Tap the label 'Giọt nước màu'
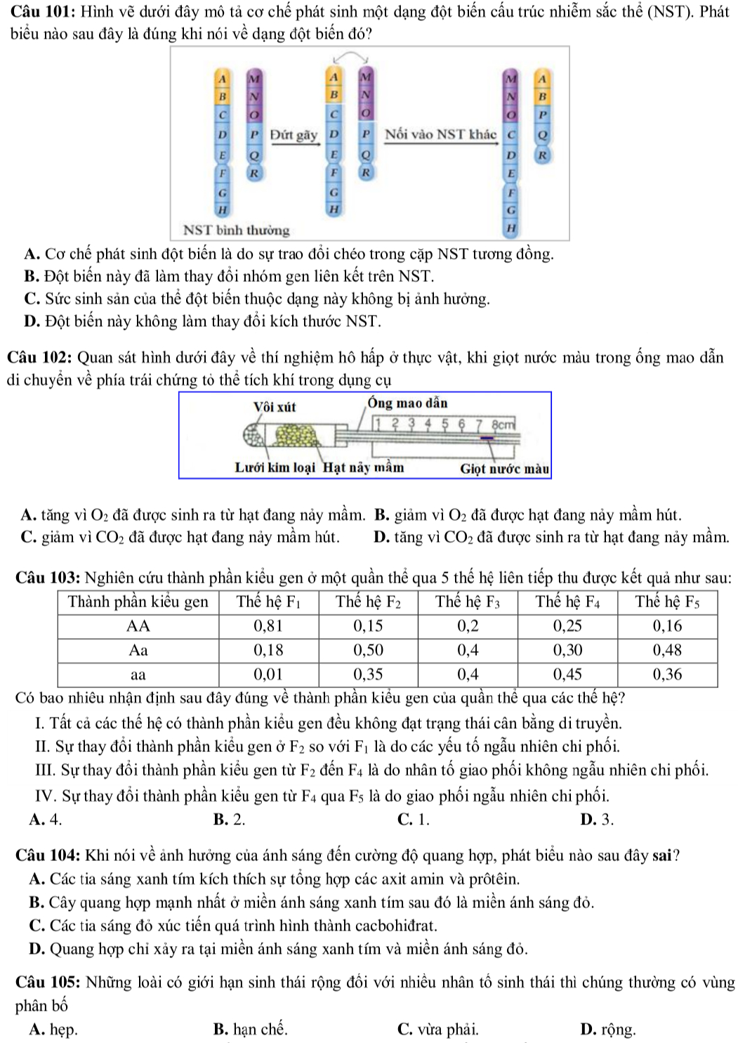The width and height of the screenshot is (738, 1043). (504, 468)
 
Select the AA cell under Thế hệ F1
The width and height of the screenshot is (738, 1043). (268, 626)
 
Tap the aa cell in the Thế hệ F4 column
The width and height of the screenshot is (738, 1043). (567, 675)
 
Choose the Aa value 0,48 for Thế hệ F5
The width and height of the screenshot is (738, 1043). (667, 650)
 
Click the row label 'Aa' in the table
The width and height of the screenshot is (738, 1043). (138, 650)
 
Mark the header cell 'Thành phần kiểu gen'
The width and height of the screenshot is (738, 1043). (138, 602)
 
